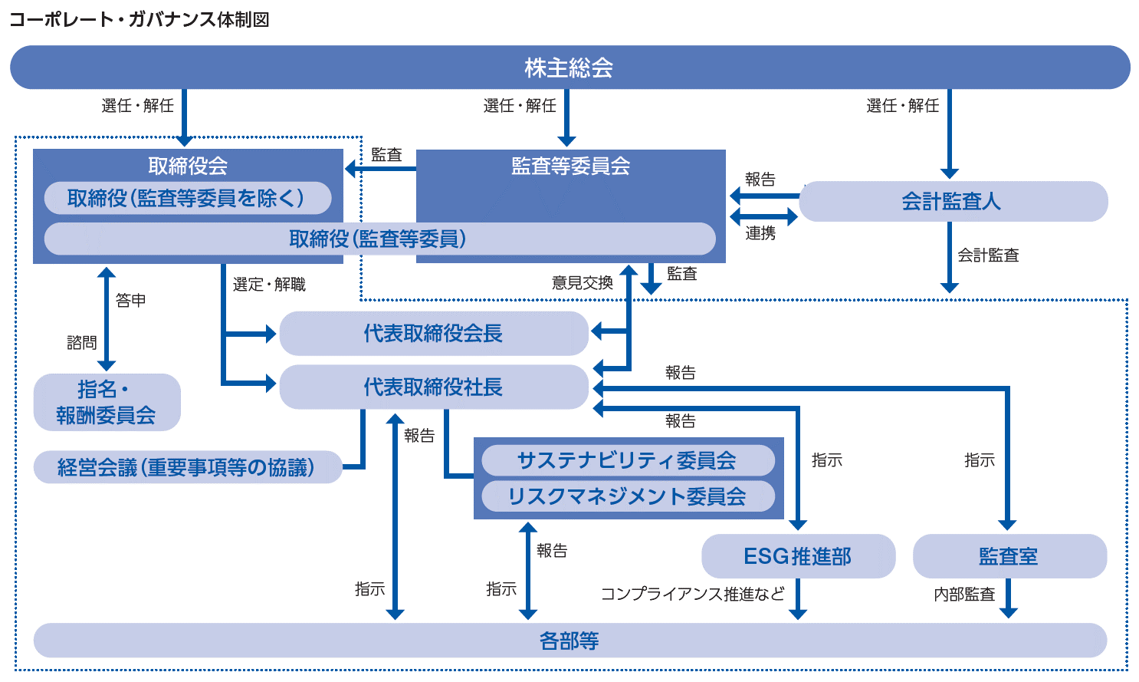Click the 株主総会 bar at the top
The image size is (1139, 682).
(569, 68)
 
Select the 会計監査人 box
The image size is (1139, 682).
(953, 202)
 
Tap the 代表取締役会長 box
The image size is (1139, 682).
(433, 334)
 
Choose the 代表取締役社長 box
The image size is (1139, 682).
(433, 387)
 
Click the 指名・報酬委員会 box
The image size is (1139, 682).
(107, 403)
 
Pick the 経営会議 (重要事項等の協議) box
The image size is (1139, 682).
(187, 467)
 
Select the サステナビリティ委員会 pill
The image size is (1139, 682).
(627, 460)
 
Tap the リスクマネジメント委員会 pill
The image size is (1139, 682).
(627, 496)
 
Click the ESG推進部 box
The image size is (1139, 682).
(798, 556)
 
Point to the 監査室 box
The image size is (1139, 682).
(1009, 556)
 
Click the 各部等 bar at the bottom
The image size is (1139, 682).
(569, 641)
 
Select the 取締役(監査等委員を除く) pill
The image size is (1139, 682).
(187, 198)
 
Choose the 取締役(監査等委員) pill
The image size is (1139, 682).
(379, 239)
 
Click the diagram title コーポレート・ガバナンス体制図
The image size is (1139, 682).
(140, 19)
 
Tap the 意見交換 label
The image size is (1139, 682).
(583, 282)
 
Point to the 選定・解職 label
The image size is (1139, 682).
(269, 285)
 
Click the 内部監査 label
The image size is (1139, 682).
(964, 594)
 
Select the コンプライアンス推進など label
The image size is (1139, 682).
(692, 594)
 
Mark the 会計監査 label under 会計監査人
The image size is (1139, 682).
(988, 255)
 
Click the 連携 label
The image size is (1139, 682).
(760, 233)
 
